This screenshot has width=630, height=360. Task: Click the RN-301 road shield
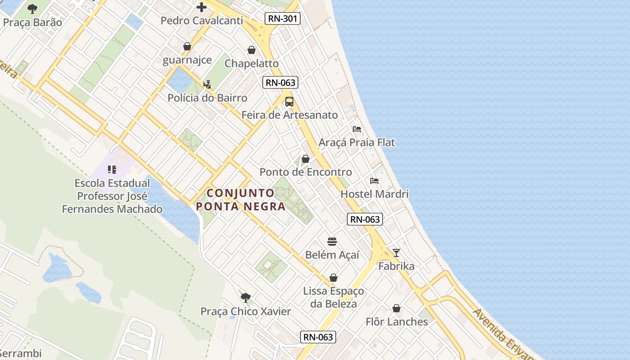coord(282,18)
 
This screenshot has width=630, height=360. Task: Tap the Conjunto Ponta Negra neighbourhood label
coord(241,200)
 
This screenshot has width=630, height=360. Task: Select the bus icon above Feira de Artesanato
coord(289,102)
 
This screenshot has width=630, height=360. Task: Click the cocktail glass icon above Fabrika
coord(396,252)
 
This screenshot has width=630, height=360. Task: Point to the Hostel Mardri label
coord(374,194)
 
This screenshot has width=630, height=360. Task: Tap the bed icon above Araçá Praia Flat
coord(357,129)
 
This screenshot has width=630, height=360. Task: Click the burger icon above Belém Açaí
coord(332,242)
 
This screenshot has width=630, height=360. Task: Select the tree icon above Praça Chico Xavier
coord(245,297)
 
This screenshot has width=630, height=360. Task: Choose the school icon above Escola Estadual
coord(112,170)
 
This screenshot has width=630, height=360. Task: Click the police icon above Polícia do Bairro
coord(207,84)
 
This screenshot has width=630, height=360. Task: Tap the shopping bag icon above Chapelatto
coord(252,50)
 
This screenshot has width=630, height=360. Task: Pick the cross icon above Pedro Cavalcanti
coord(202,7)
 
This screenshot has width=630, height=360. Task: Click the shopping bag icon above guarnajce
coord(187,46)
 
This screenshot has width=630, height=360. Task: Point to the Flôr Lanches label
coord(396,321)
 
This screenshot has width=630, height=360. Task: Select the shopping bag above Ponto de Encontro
coord(306,159)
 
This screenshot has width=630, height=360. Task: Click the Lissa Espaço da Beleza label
coord(333,297)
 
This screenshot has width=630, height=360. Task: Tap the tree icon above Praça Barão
coord(32,9)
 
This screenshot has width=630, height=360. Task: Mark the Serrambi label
coord(21,354)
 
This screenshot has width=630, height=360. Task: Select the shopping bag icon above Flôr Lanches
coord(396,308)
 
